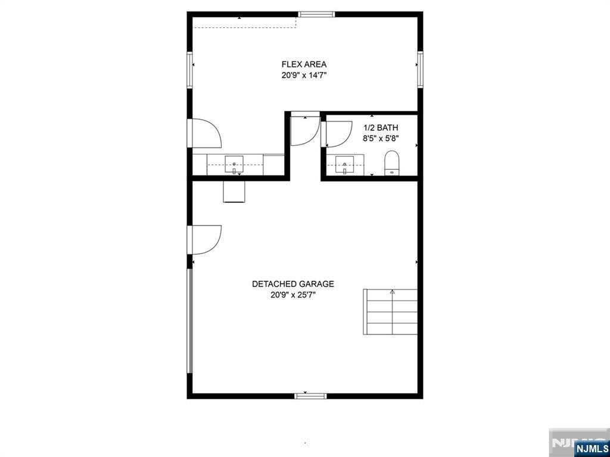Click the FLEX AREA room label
point(304,64)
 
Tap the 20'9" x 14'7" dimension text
point(304,76)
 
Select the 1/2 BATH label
point(381,127)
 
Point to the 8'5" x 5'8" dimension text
point(381,138)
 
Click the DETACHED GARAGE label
point(293,284)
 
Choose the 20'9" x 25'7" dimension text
point(293,295)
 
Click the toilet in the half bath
point(392,163)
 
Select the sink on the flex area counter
point(234,165)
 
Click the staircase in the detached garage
point(390,312)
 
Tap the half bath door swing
point(337,134)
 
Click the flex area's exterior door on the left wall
point(205,133)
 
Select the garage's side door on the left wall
point(205,240)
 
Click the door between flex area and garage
point(306,130)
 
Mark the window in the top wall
point(316,14)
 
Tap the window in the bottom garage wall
point(310,396)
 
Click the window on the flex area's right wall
point(420,69)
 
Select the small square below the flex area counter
point(234,192)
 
